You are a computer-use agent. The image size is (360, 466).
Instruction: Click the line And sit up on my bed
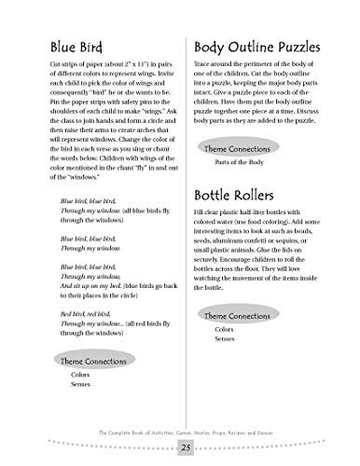click(x=90, y=278)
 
